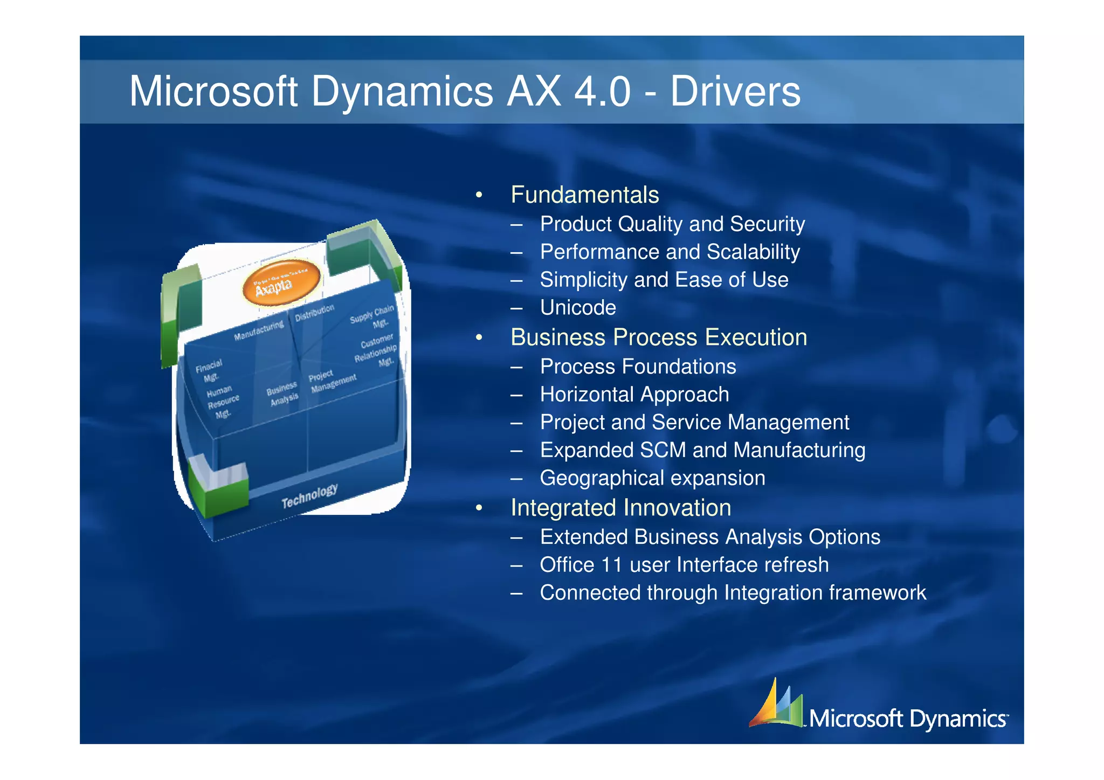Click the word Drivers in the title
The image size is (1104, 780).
(x=735, y=92)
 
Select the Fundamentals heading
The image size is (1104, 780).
(x=584, y=195)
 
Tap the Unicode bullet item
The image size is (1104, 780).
(x=578, y=308)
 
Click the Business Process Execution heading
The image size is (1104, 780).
(x=658, y=337)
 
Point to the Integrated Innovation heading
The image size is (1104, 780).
(x=620, y=508)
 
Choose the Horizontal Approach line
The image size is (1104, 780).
(x=634, y=395)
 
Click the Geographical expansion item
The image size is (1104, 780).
(x=652, y=478)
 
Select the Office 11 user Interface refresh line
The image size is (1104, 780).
(x=684, y=565)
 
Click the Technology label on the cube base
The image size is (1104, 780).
(x=309, y=495)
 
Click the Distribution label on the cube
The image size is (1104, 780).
(x=314, y=312)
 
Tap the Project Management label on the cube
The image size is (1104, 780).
(x=332, y=381)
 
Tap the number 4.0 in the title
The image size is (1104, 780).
(x=602, y=92)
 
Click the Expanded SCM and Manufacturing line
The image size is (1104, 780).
(x=702, y=450)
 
